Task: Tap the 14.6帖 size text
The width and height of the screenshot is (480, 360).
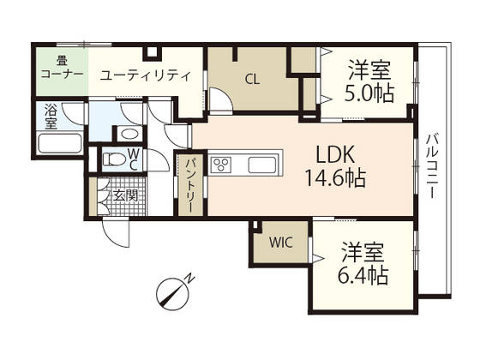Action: point(335,179)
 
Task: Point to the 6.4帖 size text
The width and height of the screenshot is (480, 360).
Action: point(364,275)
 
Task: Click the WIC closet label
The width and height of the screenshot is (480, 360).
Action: point(280,242)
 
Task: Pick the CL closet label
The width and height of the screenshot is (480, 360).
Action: point(252,81)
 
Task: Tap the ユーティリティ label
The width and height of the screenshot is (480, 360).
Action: point(145,75)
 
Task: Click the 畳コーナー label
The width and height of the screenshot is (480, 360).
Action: point(61,68)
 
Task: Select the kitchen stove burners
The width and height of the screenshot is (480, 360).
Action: point(223,164)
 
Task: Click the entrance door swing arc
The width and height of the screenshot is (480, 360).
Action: point(114,229)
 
